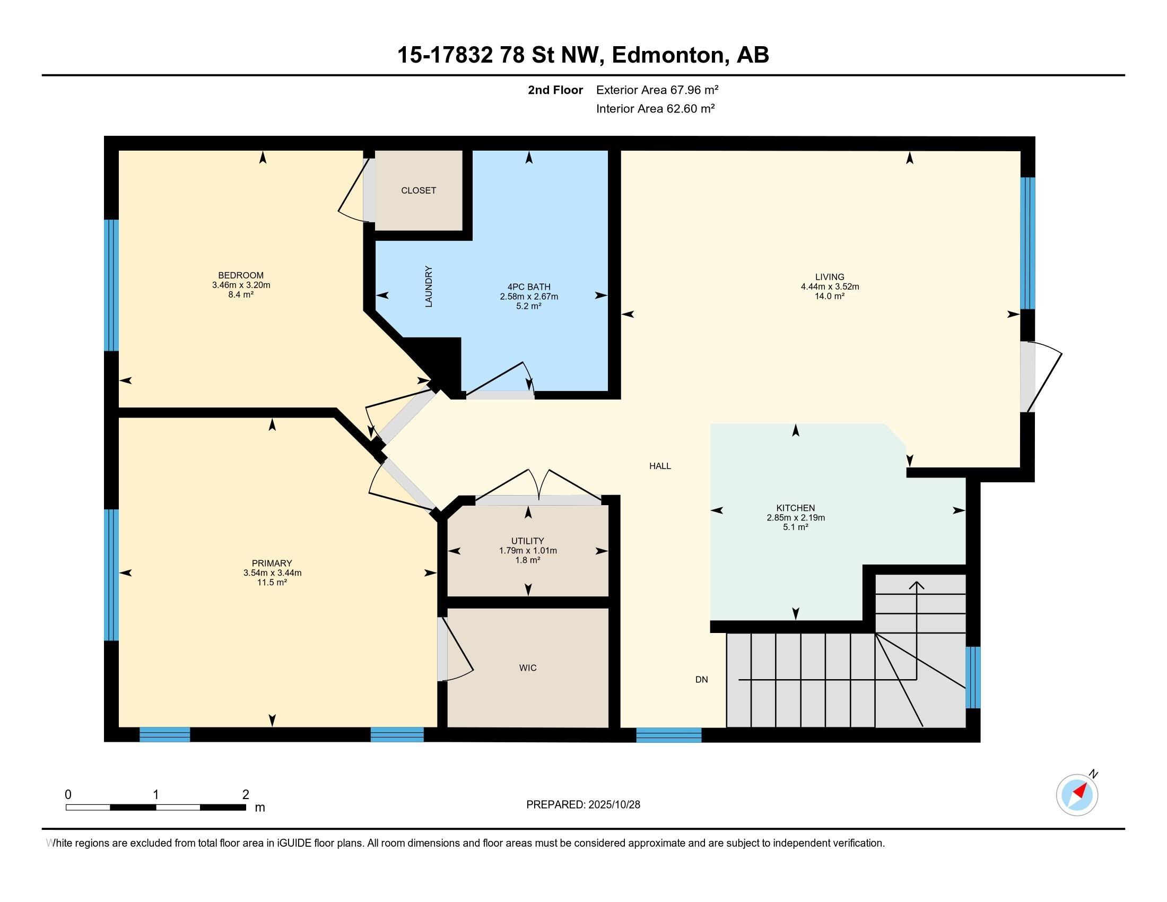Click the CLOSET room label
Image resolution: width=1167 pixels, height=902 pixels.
[x=419, y=190]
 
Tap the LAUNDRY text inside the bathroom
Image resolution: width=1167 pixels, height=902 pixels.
[x=429, y=287]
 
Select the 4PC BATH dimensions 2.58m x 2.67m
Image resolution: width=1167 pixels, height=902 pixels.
[x=528, y=297]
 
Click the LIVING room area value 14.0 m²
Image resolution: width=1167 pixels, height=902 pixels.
[x=829, y=296]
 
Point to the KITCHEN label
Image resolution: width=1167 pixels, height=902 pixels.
[x=795, y=508]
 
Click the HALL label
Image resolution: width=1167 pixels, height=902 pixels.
[x=660, y=466]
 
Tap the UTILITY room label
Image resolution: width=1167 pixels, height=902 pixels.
[x=527, y=541]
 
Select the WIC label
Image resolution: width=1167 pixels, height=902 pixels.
[x=527, y=667]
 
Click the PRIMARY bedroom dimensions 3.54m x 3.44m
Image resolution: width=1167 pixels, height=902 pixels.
[x=272, y=573]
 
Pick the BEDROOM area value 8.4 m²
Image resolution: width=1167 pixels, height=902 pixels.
[x=240, y=294]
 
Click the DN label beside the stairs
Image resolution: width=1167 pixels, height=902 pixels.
[x=701, y=680]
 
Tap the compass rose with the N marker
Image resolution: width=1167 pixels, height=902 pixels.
[x=1077, y=795]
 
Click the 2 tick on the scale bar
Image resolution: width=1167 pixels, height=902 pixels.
[x=245, y=795]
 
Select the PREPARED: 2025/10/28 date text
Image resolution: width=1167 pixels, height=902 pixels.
[x=583, y=805]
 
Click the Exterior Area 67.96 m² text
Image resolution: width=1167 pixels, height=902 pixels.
[x=657, y=90]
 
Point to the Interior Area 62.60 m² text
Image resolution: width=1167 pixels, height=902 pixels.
[x=655, y=109]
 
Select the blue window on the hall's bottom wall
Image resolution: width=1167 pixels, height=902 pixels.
[x=668, y=735]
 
